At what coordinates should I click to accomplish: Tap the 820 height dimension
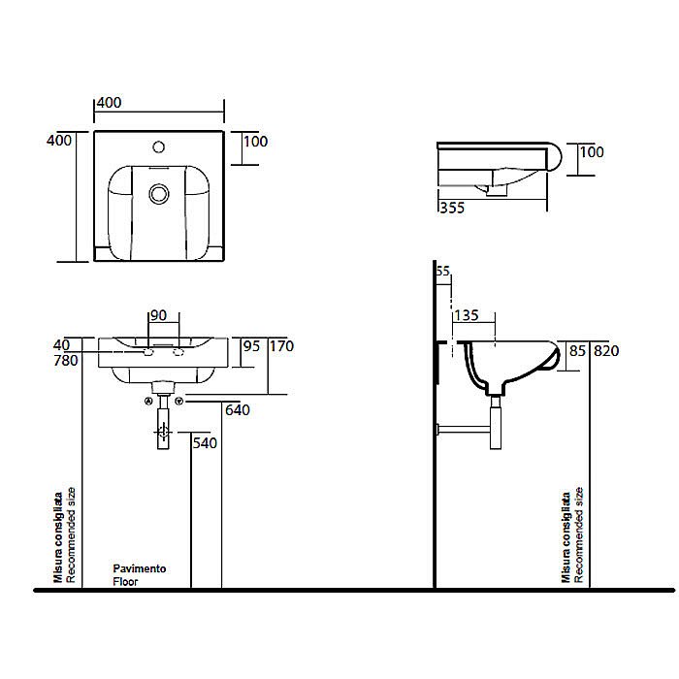click(x=607, y=350)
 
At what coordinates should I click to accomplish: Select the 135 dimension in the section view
click(x=468, y=314)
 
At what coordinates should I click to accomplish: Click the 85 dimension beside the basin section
click(x=578, y=350)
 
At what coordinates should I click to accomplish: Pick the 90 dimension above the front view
click(x=157, y=314)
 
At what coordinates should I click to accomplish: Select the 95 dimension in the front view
click(x=250, y=345)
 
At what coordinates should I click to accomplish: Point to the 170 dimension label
click(x=281, y=345)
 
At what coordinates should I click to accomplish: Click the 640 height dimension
click(x=238, y=410)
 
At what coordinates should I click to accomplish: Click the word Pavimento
click(x=139, y=568)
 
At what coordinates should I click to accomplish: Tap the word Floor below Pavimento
click(x=124, y=582)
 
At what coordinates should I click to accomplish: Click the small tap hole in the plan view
click(x=158, y=149)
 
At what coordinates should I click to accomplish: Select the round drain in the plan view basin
click(x=158, y=194)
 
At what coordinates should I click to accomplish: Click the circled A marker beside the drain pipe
click(x=148, y=401)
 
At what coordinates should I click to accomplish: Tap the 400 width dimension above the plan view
click(x=108, y=101)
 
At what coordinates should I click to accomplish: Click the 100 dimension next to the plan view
click(x=256, y=142)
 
